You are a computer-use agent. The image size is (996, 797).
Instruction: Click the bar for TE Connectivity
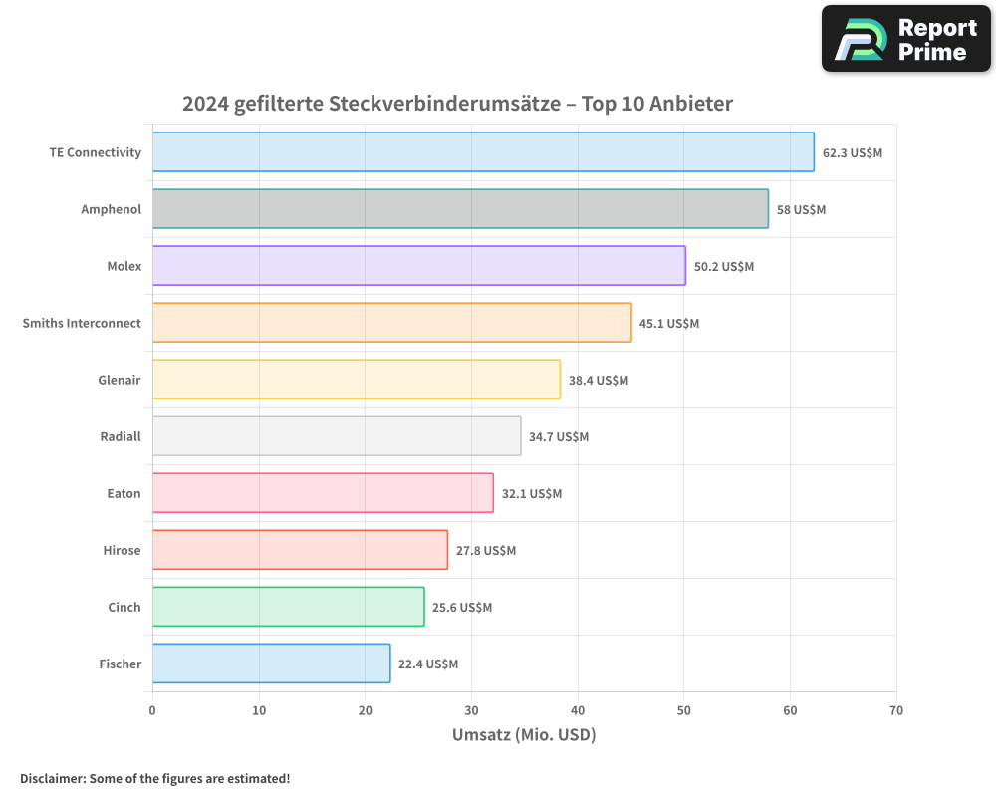483,152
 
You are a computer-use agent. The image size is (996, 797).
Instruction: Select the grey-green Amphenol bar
460,209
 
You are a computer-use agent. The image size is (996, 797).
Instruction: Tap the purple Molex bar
418,266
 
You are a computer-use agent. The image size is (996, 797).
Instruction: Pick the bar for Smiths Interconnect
391,323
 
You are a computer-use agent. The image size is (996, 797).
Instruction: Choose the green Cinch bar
288,607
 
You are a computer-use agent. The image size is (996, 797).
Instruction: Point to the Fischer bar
271,664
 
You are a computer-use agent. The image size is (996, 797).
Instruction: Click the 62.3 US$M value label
853,153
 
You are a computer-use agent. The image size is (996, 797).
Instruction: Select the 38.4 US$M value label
599,381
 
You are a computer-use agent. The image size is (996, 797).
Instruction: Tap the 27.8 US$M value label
486,551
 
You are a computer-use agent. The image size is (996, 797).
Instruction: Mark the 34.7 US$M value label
559,437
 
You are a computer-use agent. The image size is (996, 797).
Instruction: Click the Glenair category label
120,380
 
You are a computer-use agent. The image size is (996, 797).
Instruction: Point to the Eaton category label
124,493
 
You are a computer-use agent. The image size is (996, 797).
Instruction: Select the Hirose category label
122,550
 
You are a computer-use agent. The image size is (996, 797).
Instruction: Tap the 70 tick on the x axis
896,711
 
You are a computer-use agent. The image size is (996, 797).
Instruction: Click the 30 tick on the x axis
471,711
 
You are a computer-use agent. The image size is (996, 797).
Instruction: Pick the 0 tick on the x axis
152,711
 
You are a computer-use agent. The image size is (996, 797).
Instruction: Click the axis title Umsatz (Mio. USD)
524,735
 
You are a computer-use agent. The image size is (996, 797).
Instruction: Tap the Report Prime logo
905,39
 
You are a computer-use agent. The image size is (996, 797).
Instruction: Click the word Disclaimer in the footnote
52,778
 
